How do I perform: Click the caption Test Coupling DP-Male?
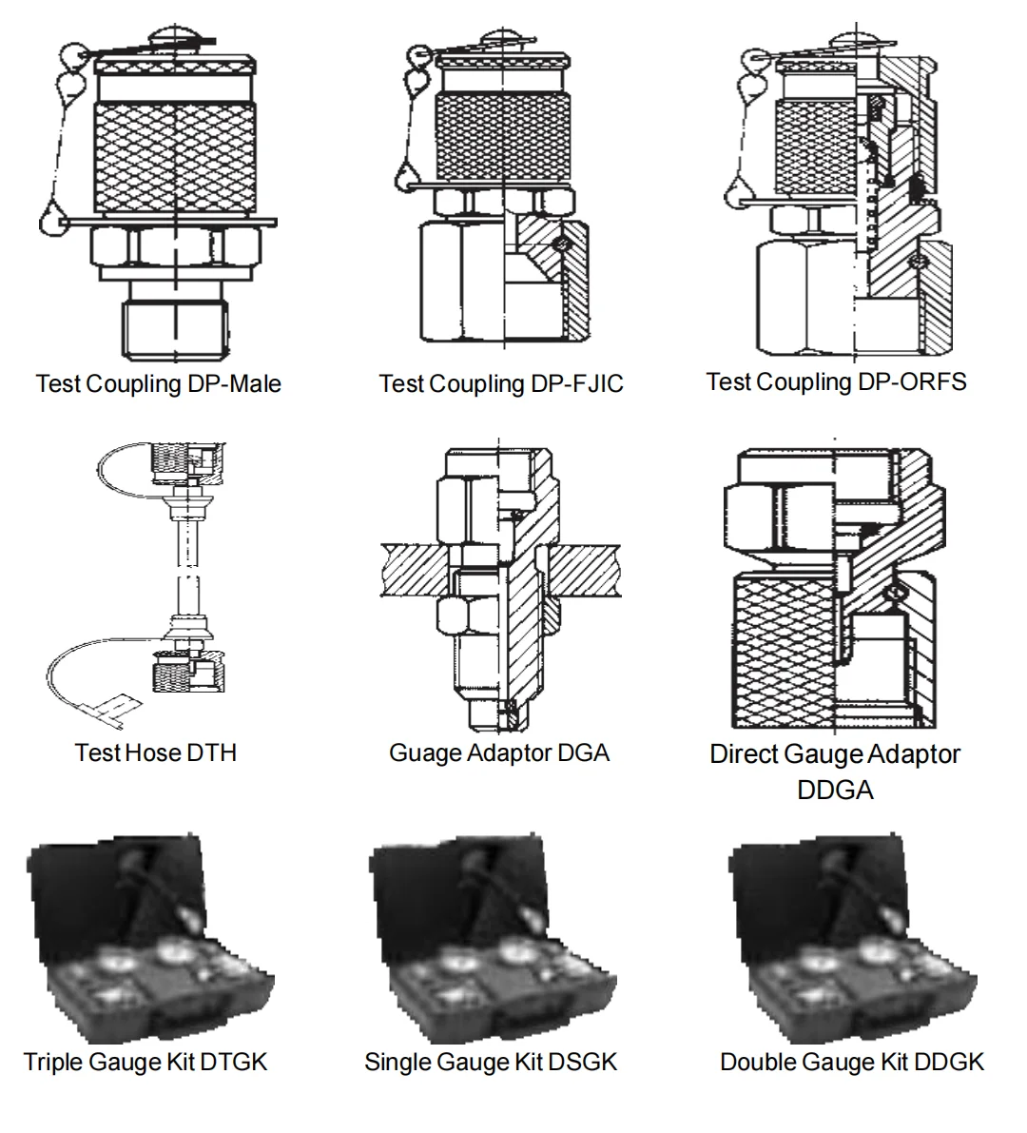tap(158, 384)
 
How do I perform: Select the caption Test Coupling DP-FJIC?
tap(501, 384)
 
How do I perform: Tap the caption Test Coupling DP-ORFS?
tap(836, 382)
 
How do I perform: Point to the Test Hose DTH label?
tap(156, 752)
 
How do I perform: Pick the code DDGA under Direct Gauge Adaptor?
tap(835, 790)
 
